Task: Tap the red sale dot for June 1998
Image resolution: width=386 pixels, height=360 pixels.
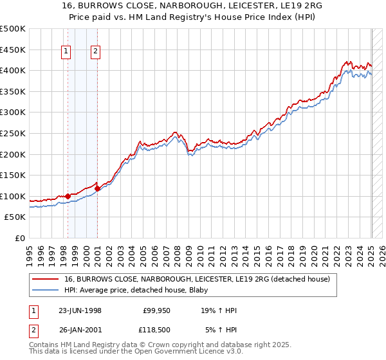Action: (68, 195)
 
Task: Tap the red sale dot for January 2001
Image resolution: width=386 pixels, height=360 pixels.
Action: (97, 188)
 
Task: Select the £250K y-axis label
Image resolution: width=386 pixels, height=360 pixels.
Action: (14, 133)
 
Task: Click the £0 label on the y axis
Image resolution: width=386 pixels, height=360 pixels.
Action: (21, 238)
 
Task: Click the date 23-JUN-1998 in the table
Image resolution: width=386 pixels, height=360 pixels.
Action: (80, 310)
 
